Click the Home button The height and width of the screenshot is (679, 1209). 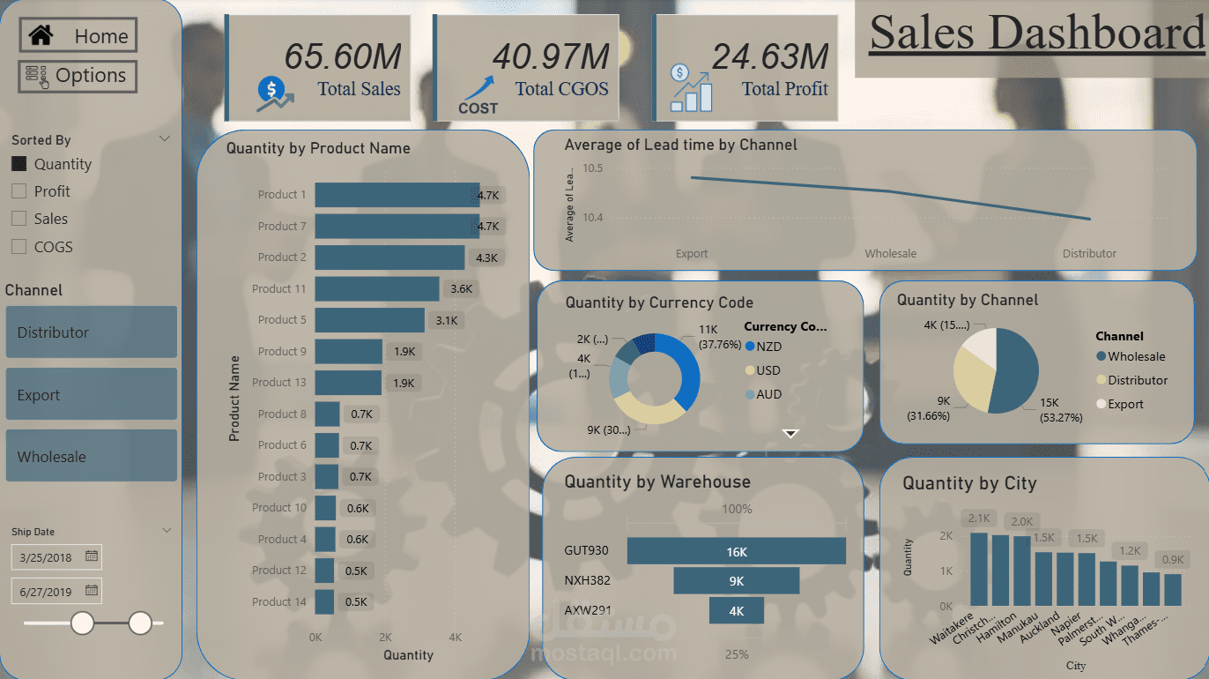pyautogui.click(x=78, y=36)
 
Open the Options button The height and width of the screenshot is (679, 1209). pyautogui.click(x=78, y=76)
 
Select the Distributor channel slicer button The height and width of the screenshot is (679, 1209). pyautogui.click(x=91, y=332)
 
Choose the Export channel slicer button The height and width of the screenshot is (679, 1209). pyautogui.click(x=91, y=394)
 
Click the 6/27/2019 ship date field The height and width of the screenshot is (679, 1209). pyautogui.click(x=48, y=591)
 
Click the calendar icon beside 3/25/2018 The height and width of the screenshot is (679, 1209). pyautogui.click(x=92, y=556)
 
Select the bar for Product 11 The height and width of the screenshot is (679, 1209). pyautogui.click(x=376, y=288)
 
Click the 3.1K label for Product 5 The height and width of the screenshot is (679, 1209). pyautogui.click(x=445, y=320)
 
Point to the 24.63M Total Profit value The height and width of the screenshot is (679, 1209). pyautogui.click(x=770, y=56)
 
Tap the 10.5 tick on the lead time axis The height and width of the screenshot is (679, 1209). pyautogui.click(x=592, y=168)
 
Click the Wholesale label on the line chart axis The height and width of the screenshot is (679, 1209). pyautogui.click(x=890, y=254)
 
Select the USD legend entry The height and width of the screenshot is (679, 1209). pyautogui.click(x=768, y=370)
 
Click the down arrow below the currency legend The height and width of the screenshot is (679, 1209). pyautogui.click(x=790, y=433)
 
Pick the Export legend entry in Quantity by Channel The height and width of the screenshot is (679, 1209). pyautogui.click(x=1124, y=404)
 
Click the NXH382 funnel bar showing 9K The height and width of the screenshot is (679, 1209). pyautogui.click(x=736, y=580)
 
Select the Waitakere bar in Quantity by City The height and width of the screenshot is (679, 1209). pyautogui.click(x=979, y=569)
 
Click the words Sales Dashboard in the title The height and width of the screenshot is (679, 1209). pyautogui.click(x=1036, y=34)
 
